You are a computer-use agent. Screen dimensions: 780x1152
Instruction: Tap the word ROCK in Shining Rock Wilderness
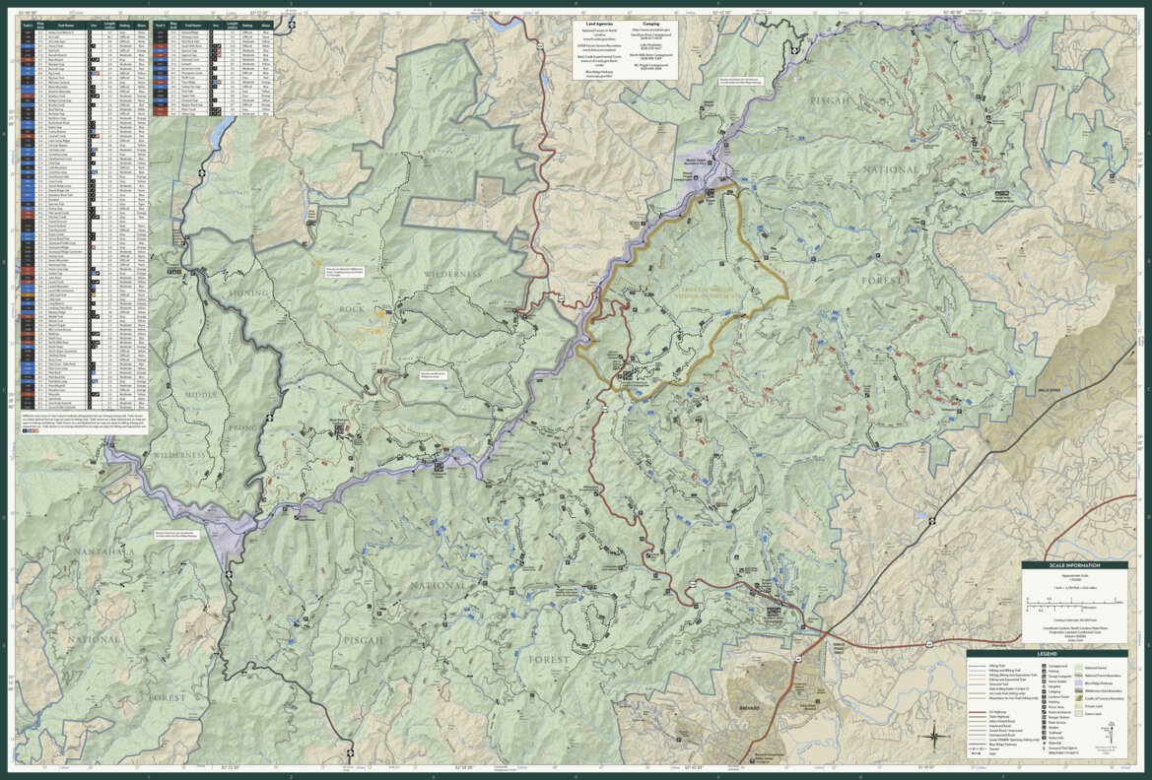pos(354,309)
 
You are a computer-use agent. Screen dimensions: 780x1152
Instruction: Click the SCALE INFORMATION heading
pos(1073,566)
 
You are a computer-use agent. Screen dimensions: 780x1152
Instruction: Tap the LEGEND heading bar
pos(1046,653)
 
